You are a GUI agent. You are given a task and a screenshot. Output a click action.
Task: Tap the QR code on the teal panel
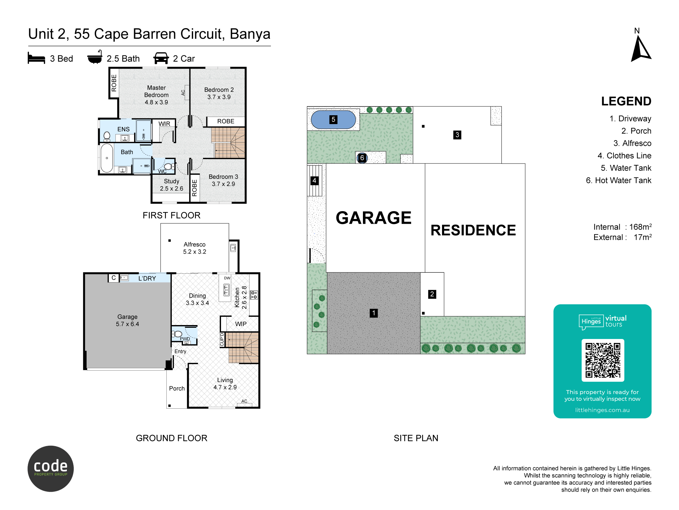tap(603, 360)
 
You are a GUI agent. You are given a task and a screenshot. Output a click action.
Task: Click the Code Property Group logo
tap(51, 469)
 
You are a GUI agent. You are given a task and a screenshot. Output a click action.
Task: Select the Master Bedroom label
tap(156, 95)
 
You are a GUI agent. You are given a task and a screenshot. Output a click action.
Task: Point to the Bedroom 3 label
tap(223, 180)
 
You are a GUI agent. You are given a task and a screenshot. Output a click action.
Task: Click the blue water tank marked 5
tap(333, 120)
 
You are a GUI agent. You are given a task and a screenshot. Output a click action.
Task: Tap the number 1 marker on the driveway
tap(373, 313)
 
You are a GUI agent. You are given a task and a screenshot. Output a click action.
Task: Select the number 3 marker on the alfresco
tap(457, 135)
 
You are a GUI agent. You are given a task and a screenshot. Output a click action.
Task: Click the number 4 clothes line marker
tap(314, 181)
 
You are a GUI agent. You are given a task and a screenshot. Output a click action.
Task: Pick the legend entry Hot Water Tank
tap(618, 180)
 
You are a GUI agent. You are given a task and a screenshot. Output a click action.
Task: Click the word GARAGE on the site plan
tap(373, 218)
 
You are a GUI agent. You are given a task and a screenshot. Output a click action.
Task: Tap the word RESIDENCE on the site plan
tap(473, 230)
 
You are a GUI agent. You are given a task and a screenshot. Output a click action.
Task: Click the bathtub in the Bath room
tap(107, 158)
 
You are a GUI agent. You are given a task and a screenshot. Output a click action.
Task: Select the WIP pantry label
tap(241, 324)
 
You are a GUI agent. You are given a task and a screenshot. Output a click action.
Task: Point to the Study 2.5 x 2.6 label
tap(171, 185)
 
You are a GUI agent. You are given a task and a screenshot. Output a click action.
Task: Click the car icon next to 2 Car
tap(161, 58)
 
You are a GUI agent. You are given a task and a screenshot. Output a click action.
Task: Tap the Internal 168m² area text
tap(622, 227)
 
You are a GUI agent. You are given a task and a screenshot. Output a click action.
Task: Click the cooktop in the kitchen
tap(254, 295)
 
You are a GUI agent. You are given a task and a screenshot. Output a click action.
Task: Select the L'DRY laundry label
tap(147, 278)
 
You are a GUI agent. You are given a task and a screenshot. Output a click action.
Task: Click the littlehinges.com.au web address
tap(602, 410)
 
